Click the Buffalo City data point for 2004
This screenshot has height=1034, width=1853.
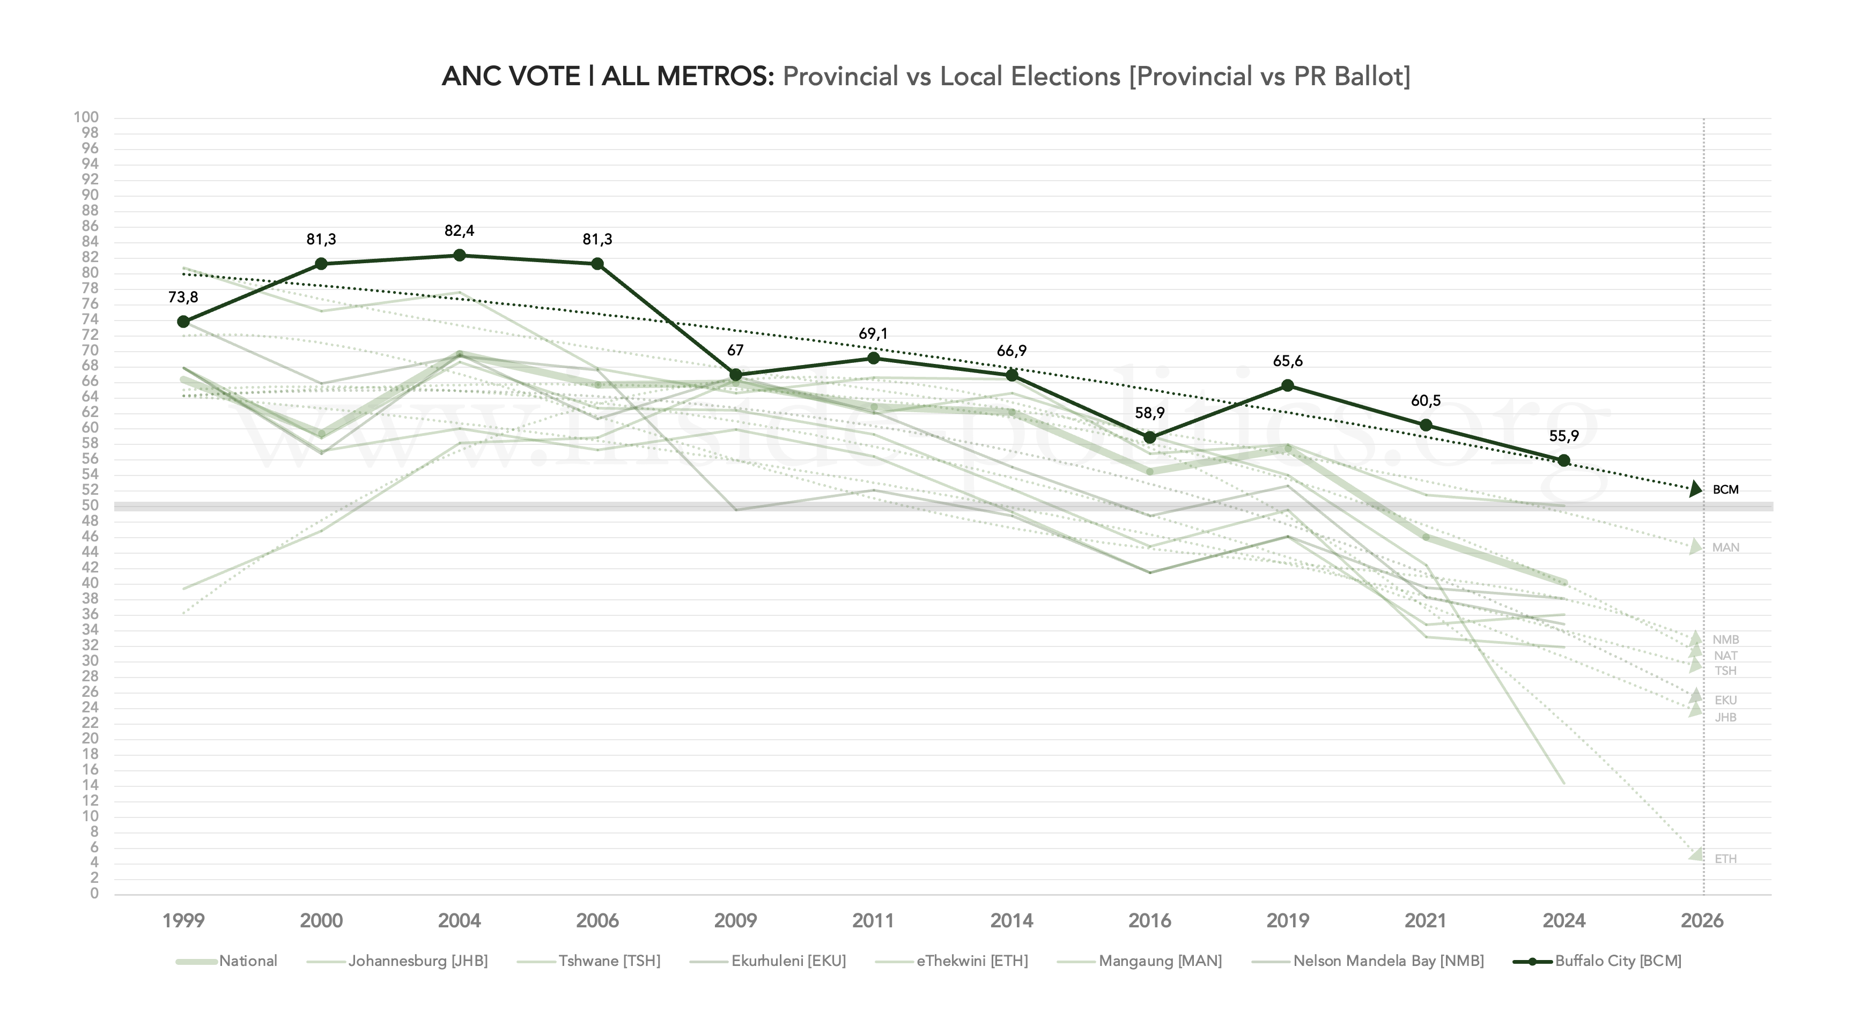[x=460, y=255]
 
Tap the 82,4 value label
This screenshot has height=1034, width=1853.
[x=460, y=231]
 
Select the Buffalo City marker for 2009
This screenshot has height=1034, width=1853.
[x=736, y=375]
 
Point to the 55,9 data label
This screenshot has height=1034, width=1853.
[x=1564, y=436]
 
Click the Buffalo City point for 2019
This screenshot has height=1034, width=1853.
[x=1288, y=386]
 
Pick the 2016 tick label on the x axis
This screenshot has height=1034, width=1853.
[x=1149, y=920]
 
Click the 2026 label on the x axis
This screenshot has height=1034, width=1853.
[x=1702, y=920]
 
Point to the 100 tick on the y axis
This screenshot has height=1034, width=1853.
[x=86, y=117]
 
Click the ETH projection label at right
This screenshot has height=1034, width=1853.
[x=1725, y=859]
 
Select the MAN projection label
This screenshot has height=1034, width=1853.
[x=1725, y=548]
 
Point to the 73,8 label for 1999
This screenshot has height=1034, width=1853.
[x=183, y=297]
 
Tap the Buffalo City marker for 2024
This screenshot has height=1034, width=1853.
[x=1564, y=461]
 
